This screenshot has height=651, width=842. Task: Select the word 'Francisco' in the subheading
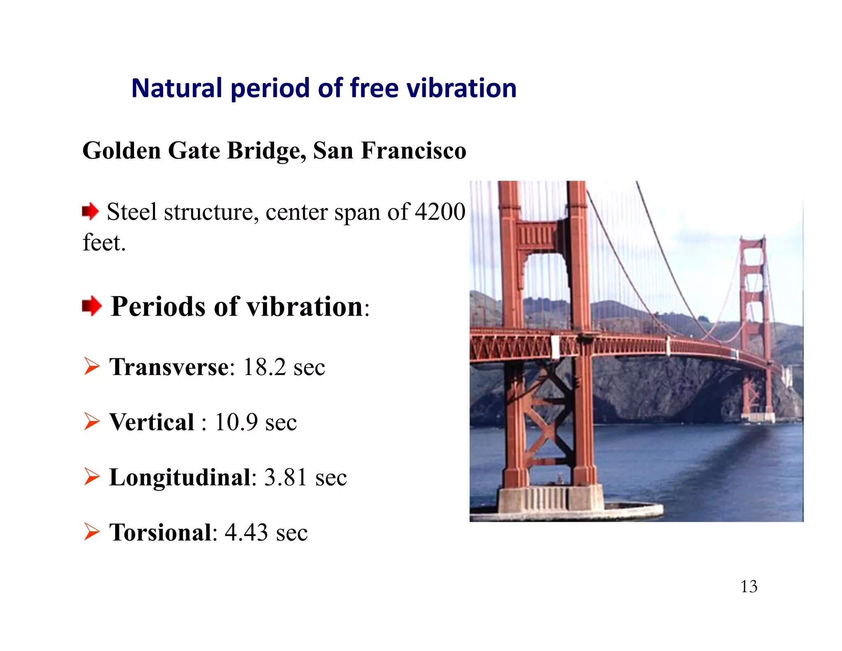coord(414,151)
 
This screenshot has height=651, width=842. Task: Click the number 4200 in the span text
coord(440,212)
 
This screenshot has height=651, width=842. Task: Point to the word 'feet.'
coord(104,242)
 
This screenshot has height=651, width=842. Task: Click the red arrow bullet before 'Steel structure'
coord(90,212)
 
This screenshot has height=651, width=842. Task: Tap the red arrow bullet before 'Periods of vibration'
coord(91,306)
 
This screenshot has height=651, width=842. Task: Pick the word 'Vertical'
coord(152,422)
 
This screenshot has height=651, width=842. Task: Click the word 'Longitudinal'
coord(180,477)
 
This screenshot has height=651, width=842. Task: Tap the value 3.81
coord(285,477)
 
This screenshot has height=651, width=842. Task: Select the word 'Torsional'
coord(160,532)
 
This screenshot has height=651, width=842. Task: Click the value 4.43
coord(246,532)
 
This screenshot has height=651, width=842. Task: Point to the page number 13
coord(749,586)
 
